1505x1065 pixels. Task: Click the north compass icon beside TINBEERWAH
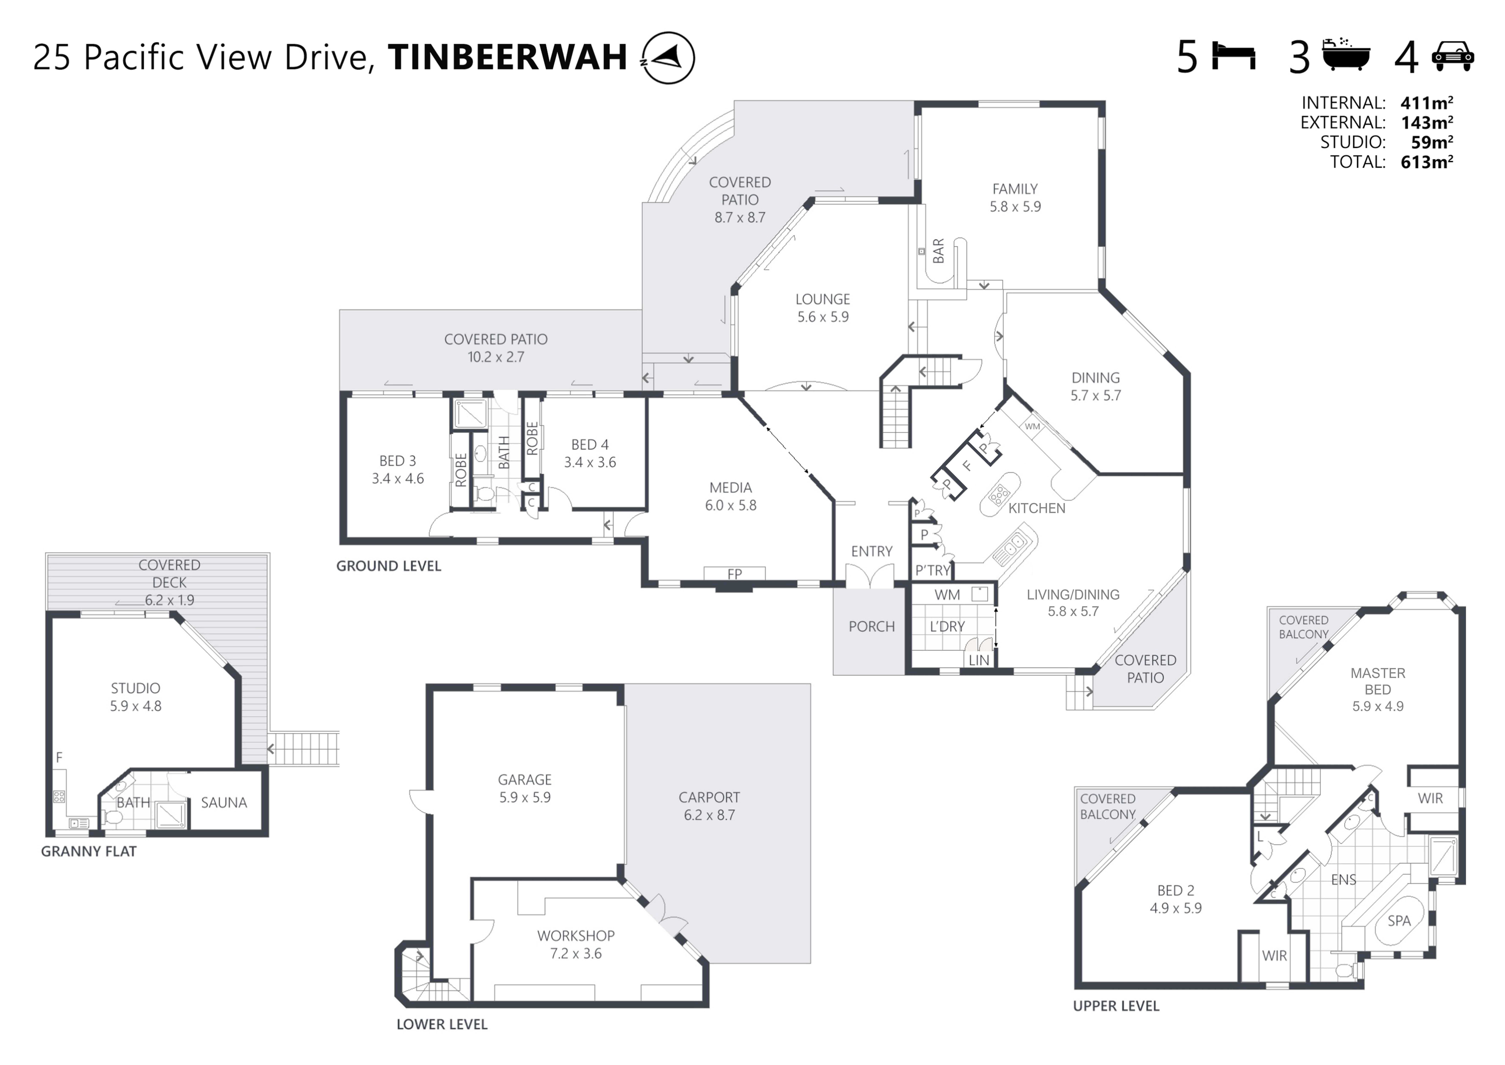click(667, 58)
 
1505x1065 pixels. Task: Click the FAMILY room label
click(1015, 189)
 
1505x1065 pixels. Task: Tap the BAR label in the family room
click(938, 251)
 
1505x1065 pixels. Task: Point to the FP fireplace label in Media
click(734, 574)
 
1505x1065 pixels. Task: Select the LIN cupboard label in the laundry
click(979, 660)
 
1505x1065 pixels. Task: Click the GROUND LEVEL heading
click(389, 566)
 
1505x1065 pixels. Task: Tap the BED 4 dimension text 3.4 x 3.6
click(590, 462)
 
